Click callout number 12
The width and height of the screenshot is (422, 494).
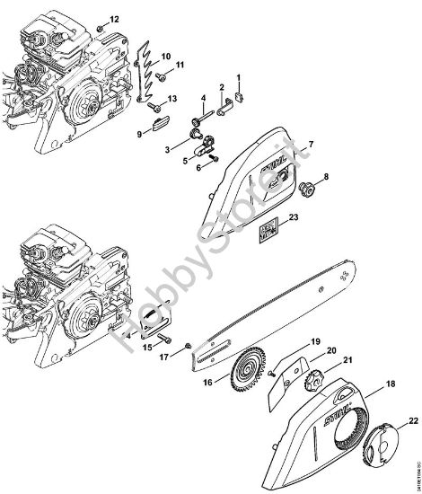pos(114,18)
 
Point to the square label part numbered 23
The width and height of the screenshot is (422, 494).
pos(268,234)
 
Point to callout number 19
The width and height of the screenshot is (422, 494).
pos(290,342)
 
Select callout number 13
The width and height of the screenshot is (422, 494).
pos(173,98)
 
